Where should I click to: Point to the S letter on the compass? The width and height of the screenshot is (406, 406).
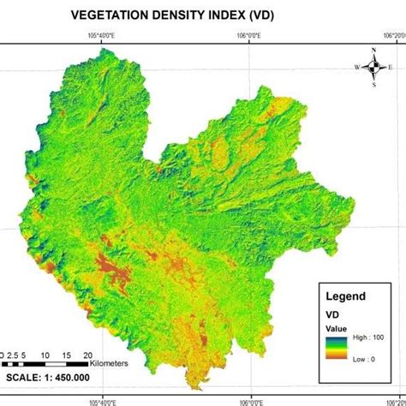click(x=373, y=85)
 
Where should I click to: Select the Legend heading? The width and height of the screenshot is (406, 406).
click(x=345, y=296)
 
